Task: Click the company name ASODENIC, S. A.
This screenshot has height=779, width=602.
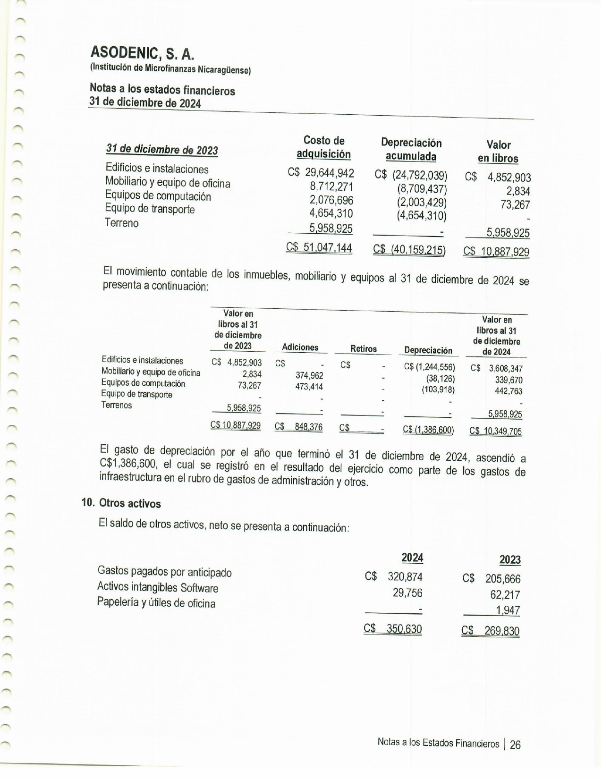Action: (x=142, y=53)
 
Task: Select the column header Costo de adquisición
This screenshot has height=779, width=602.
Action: (x=323, y=147)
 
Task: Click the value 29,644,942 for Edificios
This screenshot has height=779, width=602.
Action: (x=329, y=173)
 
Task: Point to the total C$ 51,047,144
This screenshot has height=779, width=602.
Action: (x=319, y=247)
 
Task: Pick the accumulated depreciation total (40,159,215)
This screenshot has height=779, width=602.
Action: (x=409, y=249)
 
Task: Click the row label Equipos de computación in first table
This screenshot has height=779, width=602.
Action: (x=158, y=196)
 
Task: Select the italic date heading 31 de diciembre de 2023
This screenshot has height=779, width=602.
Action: (x=162, y=150)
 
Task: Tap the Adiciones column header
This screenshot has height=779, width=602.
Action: (x=300, y=347)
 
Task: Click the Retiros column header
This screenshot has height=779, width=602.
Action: (x=364, y=349)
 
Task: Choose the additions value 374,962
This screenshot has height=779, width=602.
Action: (x=309, y=375)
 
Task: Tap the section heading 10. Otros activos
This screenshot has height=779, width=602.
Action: (x=121, y=504)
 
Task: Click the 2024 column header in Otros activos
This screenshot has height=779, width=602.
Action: (x=412, y=558)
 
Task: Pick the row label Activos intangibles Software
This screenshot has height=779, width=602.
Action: (x=158, y=588)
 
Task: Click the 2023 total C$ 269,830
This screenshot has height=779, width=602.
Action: (x=491, y=631)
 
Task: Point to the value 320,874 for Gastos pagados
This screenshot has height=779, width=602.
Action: (x=405, y=576)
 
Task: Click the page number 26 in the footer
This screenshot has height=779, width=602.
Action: (x=515, y=745)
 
